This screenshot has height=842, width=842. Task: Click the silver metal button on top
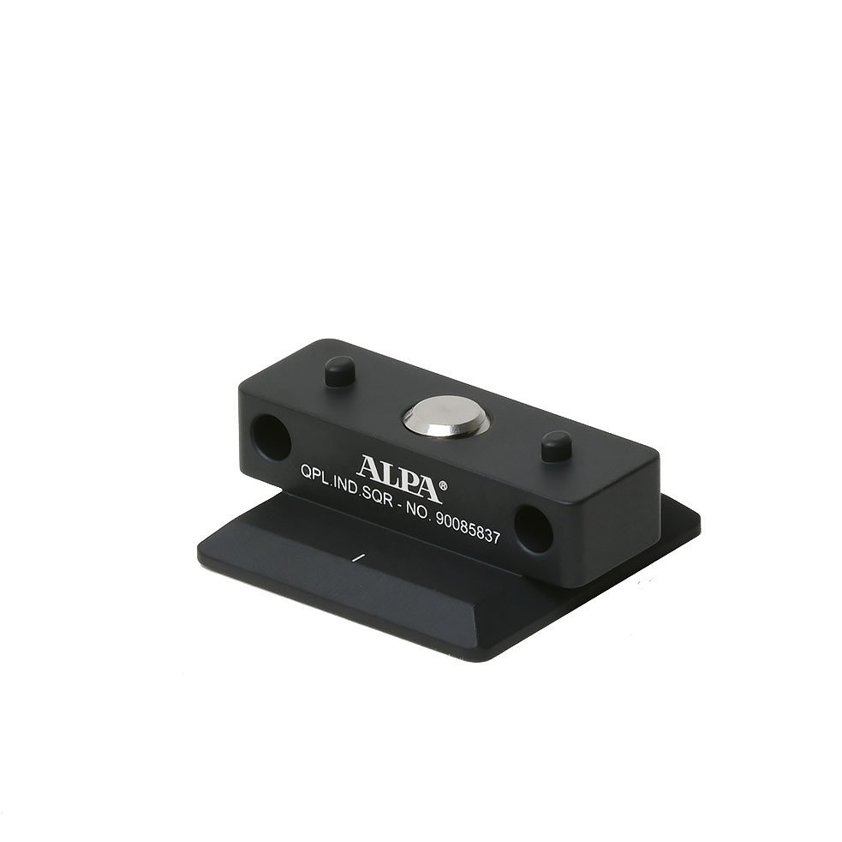[445, 416]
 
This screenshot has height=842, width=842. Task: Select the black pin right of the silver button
[556, 445]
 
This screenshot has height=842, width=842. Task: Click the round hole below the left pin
[272, 436]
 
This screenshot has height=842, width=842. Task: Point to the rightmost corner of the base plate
[699, 520]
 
